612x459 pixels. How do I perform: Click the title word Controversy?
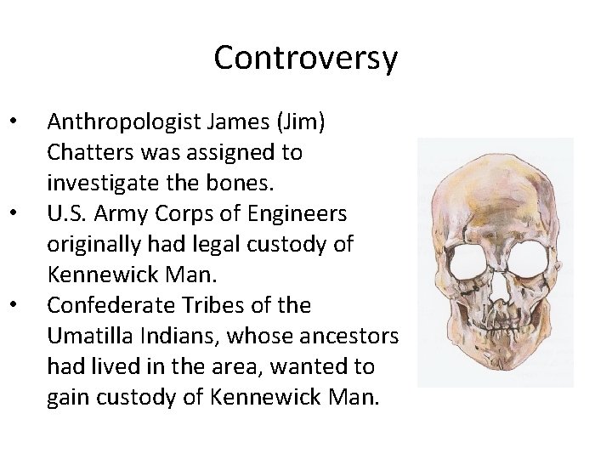point(305,58)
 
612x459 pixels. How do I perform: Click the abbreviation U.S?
point(66,212)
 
